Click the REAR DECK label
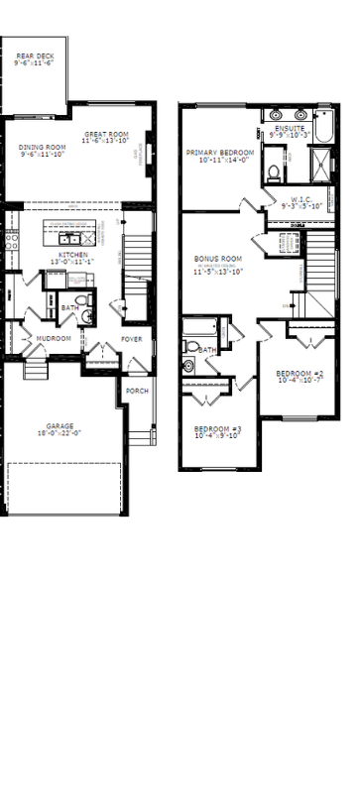pyautogui.click(x=34, y=57)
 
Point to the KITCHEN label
pyautogui.click(x=73, y=255)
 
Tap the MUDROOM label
pyautogui.click(x=54, y=338)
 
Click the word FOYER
pyautogui.click(x=131, y=338)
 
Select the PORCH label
pyautogui.click(x=137, y=392)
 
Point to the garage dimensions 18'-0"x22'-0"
pyautogui.click(x=60, y=433)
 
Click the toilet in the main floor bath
pyautogui.click(x=86, y=316)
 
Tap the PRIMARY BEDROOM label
pyautogui.click(x=220, y=153)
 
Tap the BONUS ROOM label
pyautogui.click(x=218, y=259)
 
